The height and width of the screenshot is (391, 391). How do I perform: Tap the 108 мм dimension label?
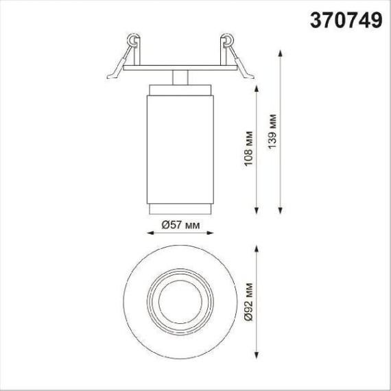coord(248,150)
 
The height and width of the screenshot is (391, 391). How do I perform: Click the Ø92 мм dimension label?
coord(248,299)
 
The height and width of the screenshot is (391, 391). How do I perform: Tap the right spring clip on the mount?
coord(228,52)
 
